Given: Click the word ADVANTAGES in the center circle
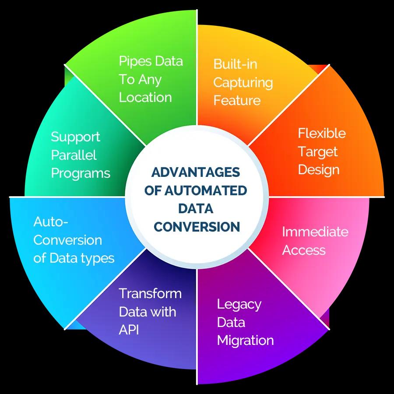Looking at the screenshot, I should tap(196, 172).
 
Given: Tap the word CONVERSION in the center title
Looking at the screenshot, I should tap(197, 226).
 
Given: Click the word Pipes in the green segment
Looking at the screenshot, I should tap(134, 61).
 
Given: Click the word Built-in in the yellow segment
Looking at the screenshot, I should tap(235, 64).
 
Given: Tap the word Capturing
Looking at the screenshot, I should tap(243, 82).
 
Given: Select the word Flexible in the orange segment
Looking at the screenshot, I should tap(322, 133).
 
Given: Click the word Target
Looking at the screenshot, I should tap(318, 151).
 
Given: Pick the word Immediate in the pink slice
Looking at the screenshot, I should tap(315, 232).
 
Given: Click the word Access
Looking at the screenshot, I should tap(304, 250).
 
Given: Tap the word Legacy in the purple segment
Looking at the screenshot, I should tap(239, 304).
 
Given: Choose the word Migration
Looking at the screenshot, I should tap(245, 340).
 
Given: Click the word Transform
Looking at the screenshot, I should tap(150, 293).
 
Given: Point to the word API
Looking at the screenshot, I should tap(129, 330).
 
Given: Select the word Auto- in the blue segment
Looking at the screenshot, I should tap(51, 222).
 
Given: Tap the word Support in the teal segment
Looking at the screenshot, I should tap(75, 137).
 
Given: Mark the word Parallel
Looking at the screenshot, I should tap(74, 155).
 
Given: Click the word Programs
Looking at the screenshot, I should tap(81, 173).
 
